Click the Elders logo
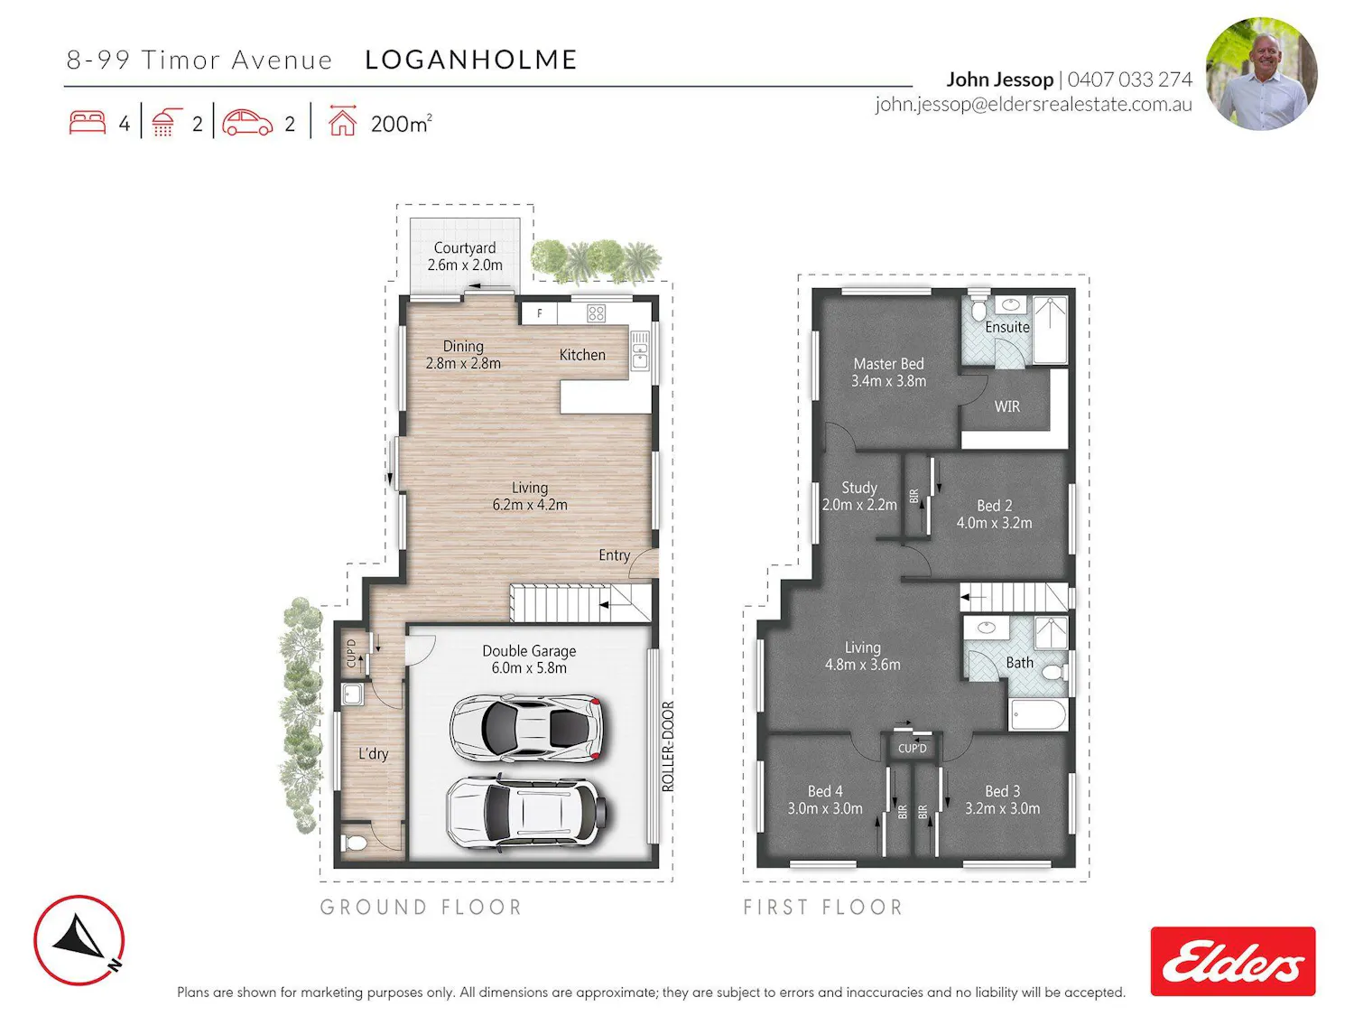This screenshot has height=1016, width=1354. coord(1232,961)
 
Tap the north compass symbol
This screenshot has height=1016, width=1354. coord(79,940)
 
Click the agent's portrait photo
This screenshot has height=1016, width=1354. coord(1261,73)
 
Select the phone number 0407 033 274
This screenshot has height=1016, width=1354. coord(1129,79)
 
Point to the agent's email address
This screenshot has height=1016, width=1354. coord(1034,104)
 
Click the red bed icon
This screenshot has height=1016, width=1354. coord(87,122)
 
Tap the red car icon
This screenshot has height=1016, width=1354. coord(246,122)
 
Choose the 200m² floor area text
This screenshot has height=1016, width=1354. coord(401,124)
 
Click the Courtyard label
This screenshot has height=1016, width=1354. coord(465,248)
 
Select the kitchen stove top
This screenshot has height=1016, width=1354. coord(596,312)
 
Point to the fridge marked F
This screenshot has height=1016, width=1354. coord(539,312)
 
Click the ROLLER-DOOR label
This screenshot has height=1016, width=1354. coord(668,746)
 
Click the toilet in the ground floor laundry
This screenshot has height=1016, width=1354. coord(354,842)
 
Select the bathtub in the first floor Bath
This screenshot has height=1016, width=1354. coord(1038,715)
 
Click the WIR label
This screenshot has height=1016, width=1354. coord(1006,406)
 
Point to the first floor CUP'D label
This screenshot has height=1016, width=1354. coord(913,749)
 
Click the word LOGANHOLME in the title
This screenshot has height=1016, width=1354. coord(471,60)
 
